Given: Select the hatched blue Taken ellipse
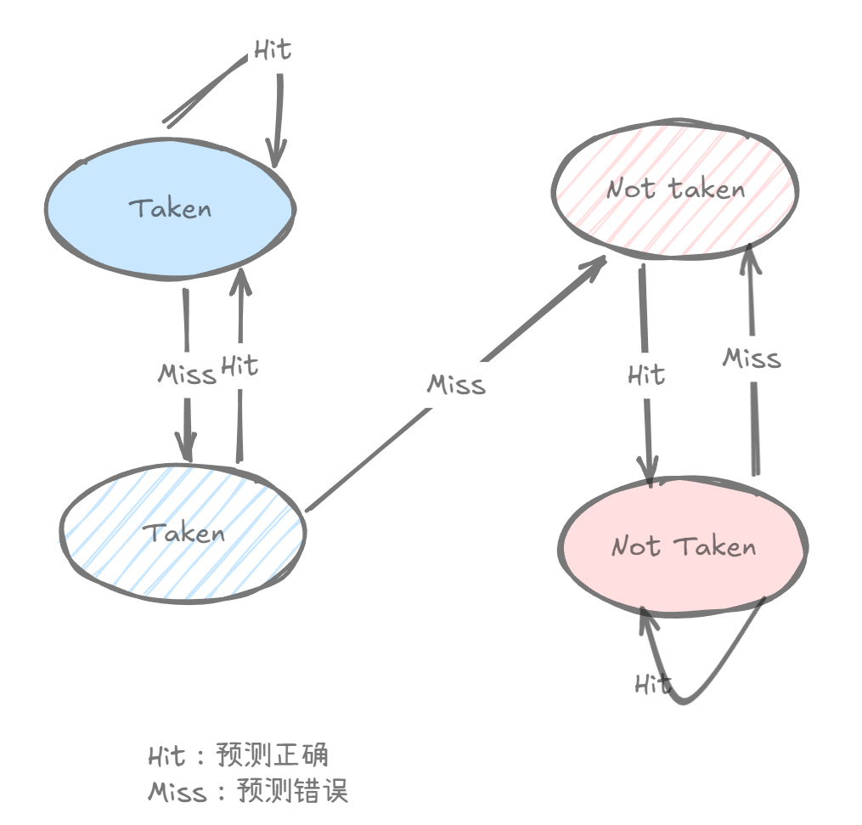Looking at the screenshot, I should click(183, 534).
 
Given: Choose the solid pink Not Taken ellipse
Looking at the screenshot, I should click(684, 545).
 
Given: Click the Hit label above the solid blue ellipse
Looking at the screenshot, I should click(272, 50).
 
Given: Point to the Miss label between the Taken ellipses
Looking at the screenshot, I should click(187, 375).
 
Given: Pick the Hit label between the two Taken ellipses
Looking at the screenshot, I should click(239, 366).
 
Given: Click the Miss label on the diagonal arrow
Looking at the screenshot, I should click(457, 385).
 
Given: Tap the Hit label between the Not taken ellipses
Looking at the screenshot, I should click(646, 375).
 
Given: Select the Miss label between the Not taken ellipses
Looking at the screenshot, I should click(752, 359).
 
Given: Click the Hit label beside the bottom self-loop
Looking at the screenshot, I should click(652, 684).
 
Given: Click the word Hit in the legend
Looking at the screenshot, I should click(166, 755).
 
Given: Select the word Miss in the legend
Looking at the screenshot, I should click(177, 792).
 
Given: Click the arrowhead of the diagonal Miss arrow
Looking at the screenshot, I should click(596, 264).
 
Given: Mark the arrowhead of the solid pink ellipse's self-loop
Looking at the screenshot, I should click(646, 617).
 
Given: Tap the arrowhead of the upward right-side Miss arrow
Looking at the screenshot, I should click(748, 252).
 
